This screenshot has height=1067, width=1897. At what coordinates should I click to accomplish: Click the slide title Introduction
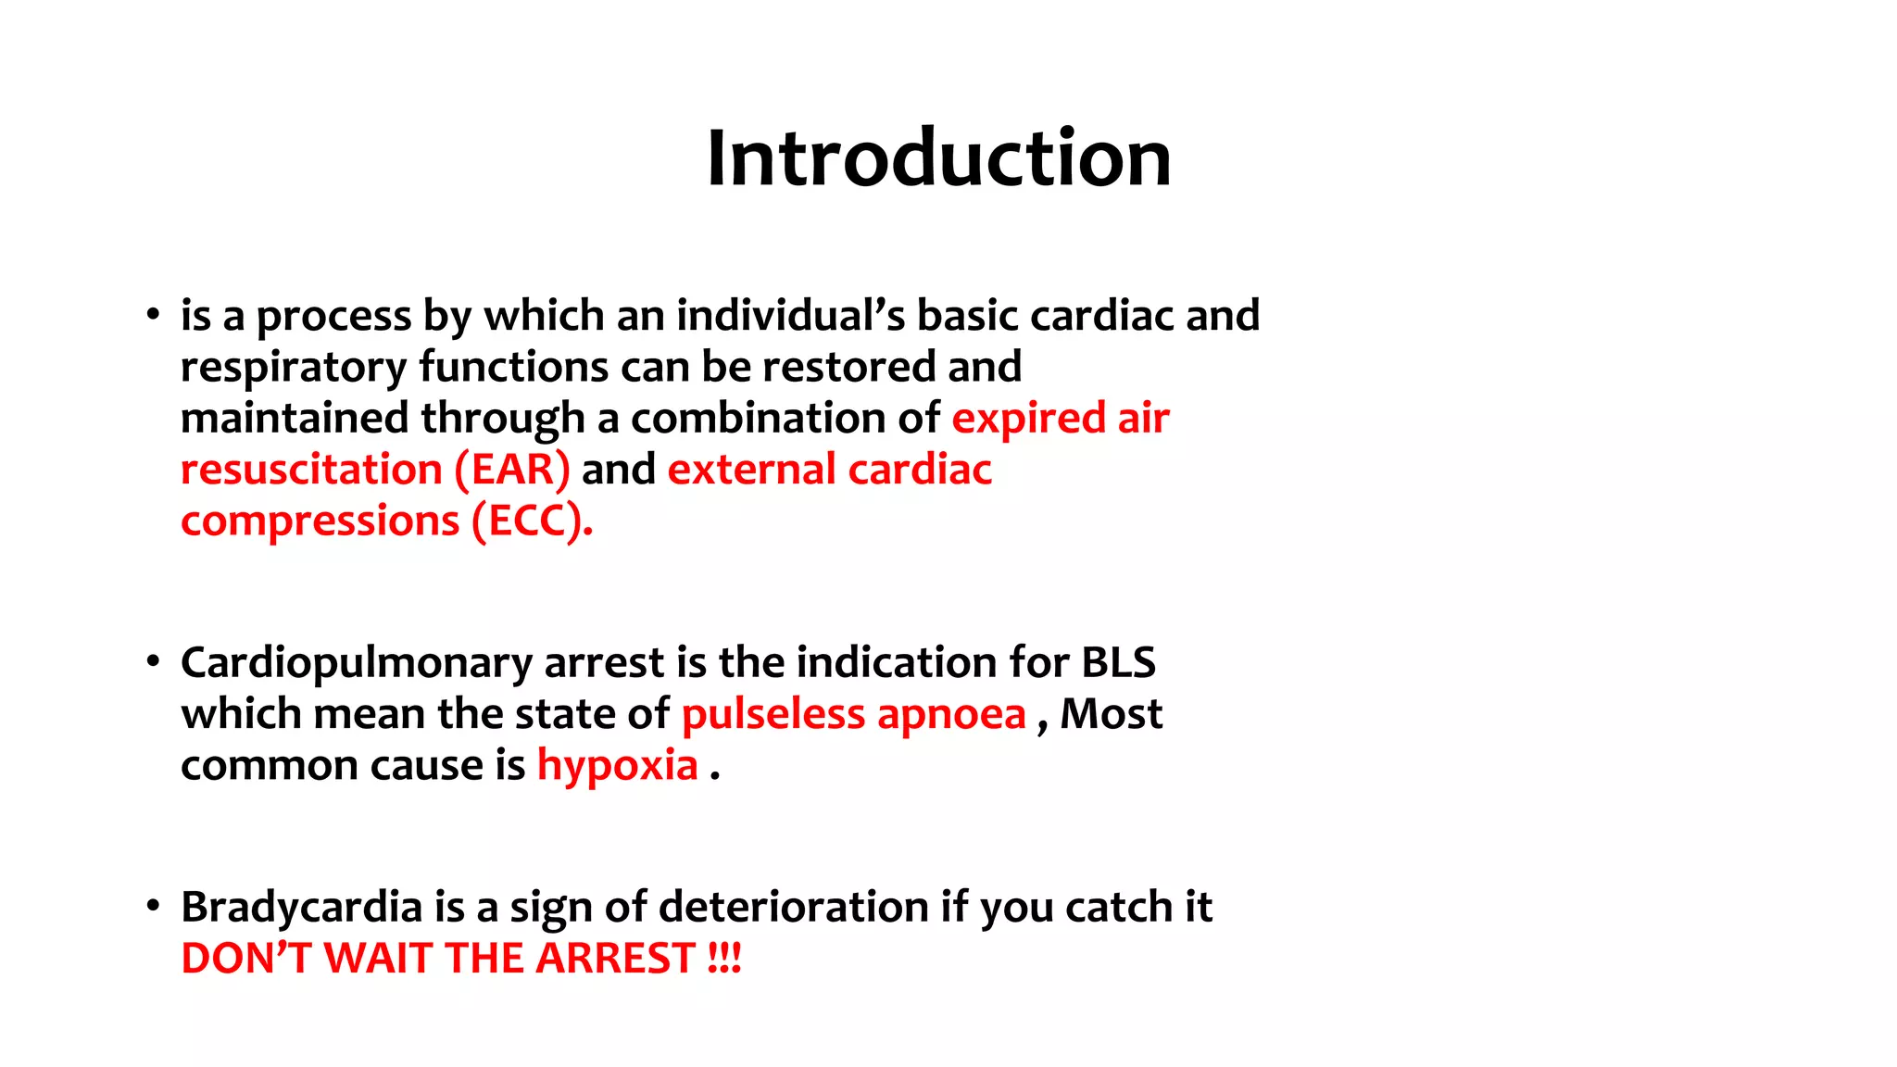pos(938,158)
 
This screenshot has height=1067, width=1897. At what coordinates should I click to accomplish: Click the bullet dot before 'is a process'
pos(153,315)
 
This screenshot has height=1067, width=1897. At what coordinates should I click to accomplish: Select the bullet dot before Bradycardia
pos(153,906)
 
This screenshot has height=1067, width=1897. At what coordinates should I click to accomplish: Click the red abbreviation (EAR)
pos(512,470)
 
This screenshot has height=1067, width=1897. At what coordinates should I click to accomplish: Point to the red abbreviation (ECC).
pos(532,521)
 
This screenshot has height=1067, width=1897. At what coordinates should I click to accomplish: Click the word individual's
pos(791,315)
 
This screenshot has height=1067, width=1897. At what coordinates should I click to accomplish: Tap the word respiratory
pos(293,368)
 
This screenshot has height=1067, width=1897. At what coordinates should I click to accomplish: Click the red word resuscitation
pos(311,470)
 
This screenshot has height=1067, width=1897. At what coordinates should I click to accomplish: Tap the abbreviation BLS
pos(1118,662)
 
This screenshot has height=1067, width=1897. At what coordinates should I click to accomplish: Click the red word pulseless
pos(773,714)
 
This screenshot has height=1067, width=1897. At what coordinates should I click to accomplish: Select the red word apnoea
pos(951,714)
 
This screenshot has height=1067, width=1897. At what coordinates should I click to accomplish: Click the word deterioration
pos(793,906)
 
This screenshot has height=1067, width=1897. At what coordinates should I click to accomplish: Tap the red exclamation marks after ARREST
pos(724,958)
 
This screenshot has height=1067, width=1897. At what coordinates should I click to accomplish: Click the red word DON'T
pos(245,958)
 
